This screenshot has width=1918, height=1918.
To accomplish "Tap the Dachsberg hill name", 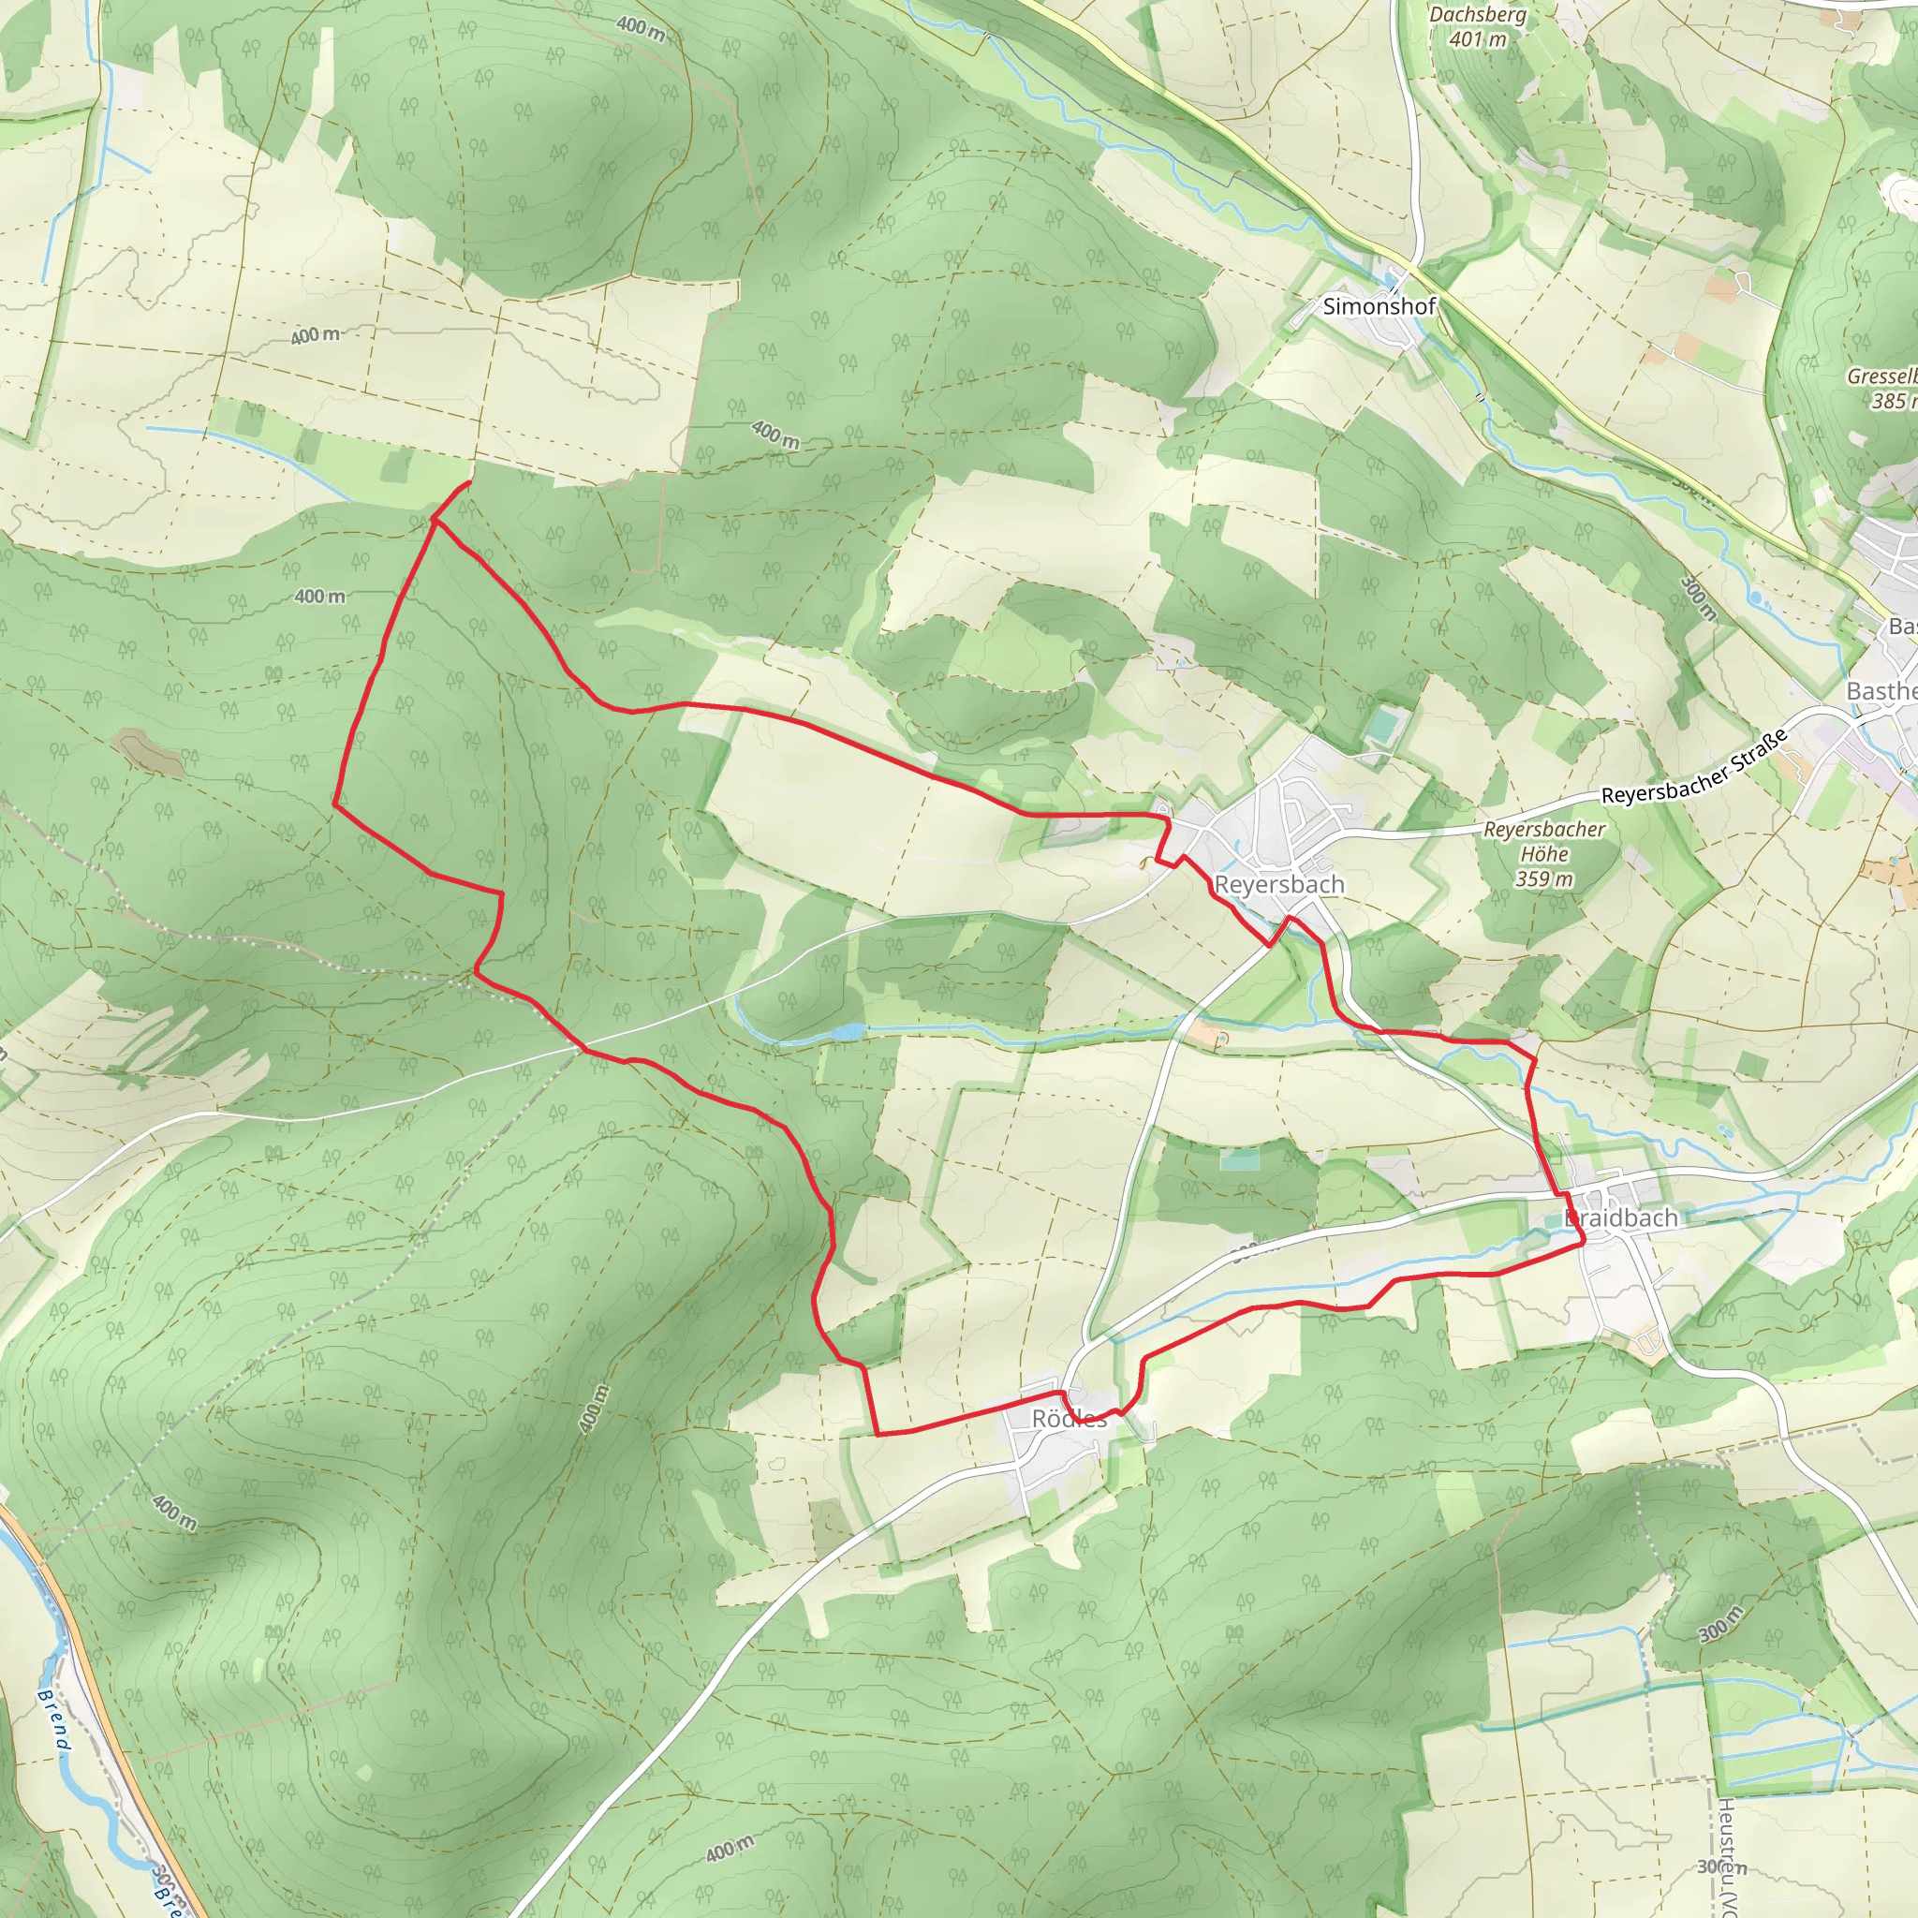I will point(1477,15).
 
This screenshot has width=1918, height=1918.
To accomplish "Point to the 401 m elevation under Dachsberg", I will point(1477,39).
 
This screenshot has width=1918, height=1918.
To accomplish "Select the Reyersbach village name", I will point(1278,883).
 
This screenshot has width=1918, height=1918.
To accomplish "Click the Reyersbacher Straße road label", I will point(1694,767).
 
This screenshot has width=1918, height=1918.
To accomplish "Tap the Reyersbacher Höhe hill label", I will point(1543,841).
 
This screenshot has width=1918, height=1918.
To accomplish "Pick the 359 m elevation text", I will point(1543,878).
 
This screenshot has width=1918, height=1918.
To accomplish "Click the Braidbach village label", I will point(1620,1217).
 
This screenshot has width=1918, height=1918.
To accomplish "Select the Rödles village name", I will point(1070,1419).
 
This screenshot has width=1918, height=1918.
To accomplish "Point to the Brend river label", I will point(54,1719).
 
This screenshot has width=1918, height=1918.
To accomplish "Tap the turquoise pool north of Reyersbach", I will point(1381,725).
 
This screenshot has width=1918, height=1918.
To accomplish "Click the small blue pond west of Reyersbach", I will point(846,1032).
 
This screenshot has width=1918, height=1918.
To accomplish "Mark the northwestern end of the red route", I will point(468,482).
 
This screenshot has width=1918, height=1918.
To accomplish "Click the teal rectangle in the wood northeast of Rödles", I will point(1239,1158).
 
